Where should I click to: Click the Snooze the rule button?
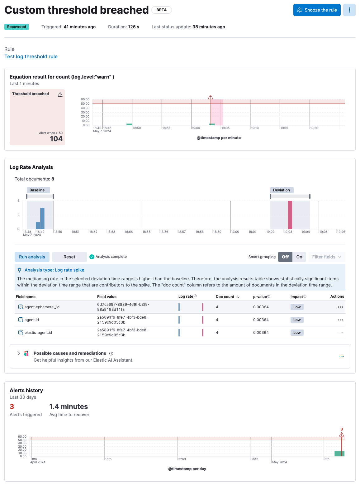click(317, 10)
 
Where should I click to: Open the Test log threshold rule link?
click(31, 56)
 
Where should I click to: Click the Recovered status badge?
click(17, 27)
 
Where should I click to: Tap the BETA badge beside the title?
click(161, 10)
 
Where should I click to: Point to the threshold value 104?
click(56, 139)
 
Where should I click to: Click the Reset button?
click(69, 257)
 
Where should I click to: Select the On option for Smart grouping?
click(299, 257)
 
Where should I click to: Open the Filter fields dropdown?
click(327, 257)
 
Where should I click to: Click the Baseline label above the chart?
click(37, 190)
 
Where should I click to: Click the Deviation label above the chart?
click(282, 190)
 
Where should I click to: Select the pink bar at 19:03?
click(290, 215)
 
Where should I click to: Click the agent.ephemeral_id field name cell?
click(42, 307)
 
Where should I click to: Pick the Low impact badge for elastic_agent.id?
click(297, 333)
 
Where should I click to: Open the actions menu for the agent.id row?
click(340, 320)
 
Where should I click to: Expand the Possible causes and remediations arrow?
click(19, 353)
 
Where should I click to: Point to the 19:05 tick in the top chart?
click(225, 128)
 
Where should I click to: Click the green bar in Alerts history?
click(339, 454)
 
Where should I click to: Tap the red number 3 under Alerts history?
click(12, 407)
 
